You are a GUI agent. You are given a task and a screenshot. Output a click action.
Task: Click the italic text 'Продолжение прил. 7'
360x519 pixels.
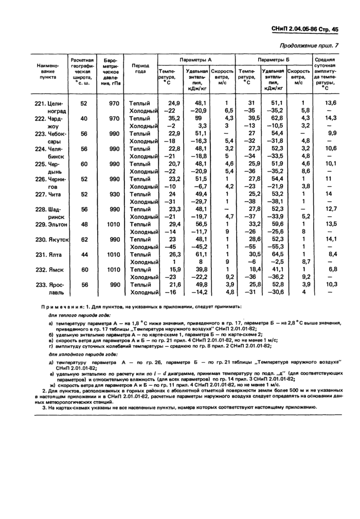point(311,47)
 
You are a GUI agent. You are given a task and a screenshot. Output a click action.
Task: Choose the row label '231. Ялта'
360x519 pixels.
point(49,255)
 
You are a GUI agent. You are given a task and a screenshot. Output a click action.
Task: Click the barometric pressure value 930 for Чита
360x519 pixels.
point(114,194)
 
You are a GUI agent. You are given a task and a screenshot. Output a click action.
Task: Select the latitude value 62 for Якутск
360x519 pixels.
point(83,240)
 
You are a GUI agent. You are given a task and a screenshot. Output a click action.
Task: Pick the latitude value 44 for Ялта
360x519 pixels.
point(83,255)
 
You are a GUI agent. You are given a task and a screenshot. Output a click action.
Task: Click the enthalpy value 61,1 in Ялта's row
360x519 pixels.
point(200,255)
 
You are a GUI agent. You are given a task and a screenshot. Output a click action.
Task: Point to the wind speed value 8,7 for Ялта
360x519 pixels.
point(304,262)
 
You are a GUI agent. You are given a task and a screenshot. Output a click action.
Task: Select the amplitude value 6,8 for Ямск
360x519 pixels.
point(333,270)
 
